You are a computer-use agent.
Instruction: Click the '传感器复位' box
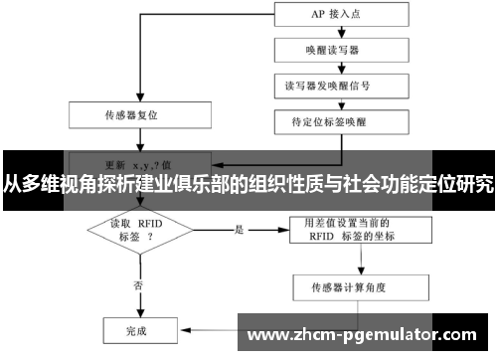point(132,114)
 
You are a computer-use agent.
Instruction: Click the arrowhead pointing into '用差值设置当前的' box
point(285,231)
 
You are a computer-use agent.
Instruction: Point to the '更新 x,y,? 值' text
point(139,161)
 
